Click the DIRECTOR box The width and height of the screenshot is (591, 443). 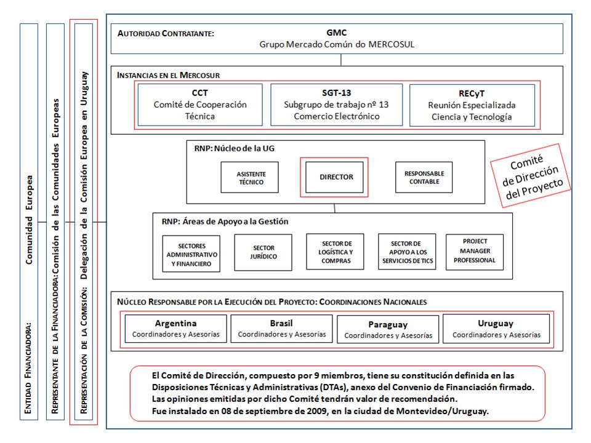[334, 177]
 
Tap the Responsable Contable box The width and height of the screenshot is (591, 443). [424, 177]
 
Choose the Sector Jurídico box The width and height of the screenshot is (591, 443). [263, 252]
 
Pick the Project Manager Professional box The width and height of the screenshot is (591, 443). [475, 252]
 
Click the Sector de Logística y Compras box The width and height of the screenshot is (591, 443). [335, 252]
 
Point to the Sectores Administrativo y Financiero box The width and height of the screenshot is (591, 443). [191, 253]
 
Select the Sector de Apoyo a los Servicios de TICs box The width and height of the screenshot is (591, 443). [407, 252]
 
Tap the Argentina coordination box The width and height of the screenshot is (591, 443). [175, 329]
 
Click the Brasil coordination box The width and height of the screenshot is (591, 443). [281, 329]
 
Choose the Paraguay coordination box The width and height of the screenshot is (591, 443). [388, 329]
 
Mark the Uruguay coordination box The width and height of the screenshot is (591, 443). [496, 329]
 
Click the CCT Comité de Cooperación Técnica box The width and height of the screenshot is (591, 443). [200, 105]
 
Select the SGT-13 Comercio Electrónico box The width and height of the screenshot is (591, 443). [337, 105]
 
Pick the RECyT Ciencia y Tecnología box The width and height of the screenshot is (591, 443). [472, 105]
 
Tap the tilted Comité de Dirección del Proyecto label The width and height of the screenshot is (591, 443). [531, 176]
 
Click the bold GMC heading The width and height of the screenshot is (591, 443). [337, 33]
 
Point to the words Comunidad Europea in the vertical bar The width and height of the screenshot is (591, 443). [29, 220]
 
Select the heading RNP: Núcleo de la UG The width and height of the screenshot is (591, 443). [235, 148]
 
